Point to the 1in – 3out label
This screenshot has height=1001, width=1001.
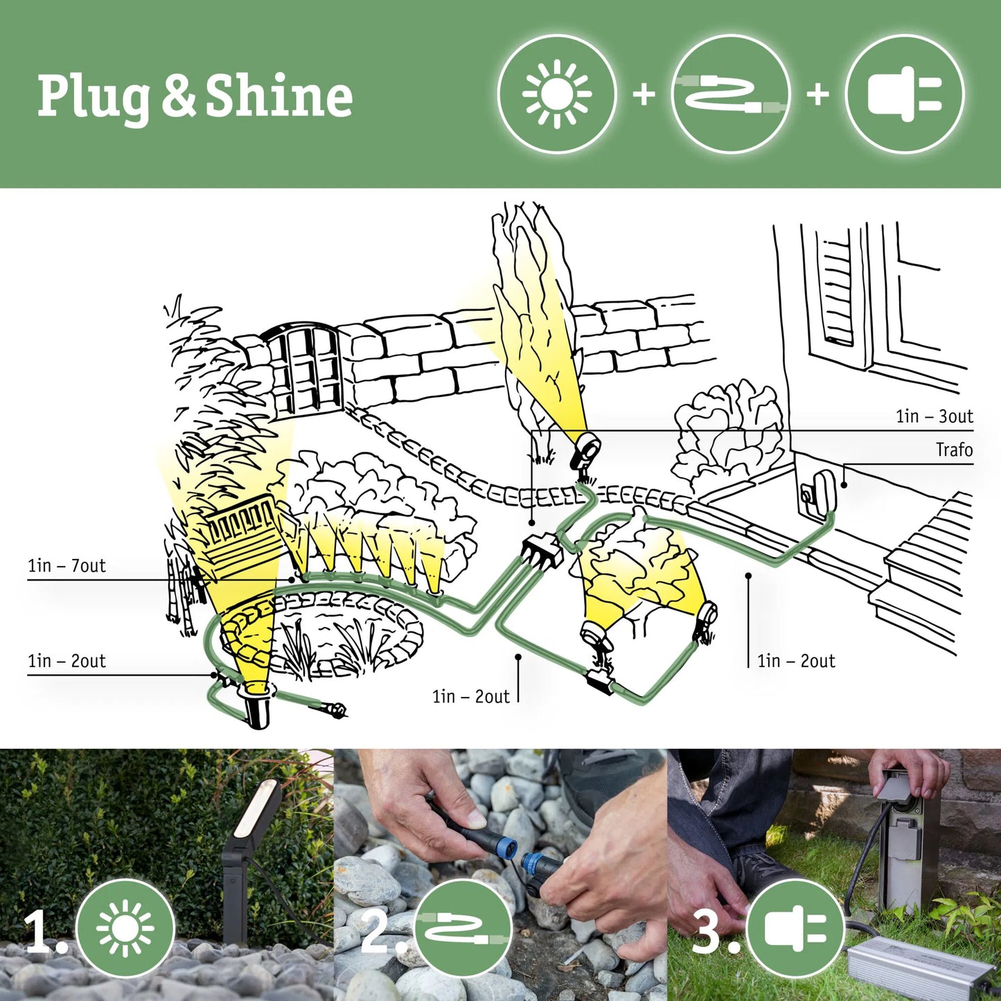934,416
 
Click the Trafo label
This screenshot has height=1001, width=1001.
954,450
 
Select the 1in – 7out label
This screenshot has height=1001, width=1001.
67,566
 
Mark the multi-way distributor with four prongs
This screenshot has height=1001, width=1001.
541,550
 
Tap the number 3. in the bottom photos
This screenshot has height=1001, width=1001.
714,930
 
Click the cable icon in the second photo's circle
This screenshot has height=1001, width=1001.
463,928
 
